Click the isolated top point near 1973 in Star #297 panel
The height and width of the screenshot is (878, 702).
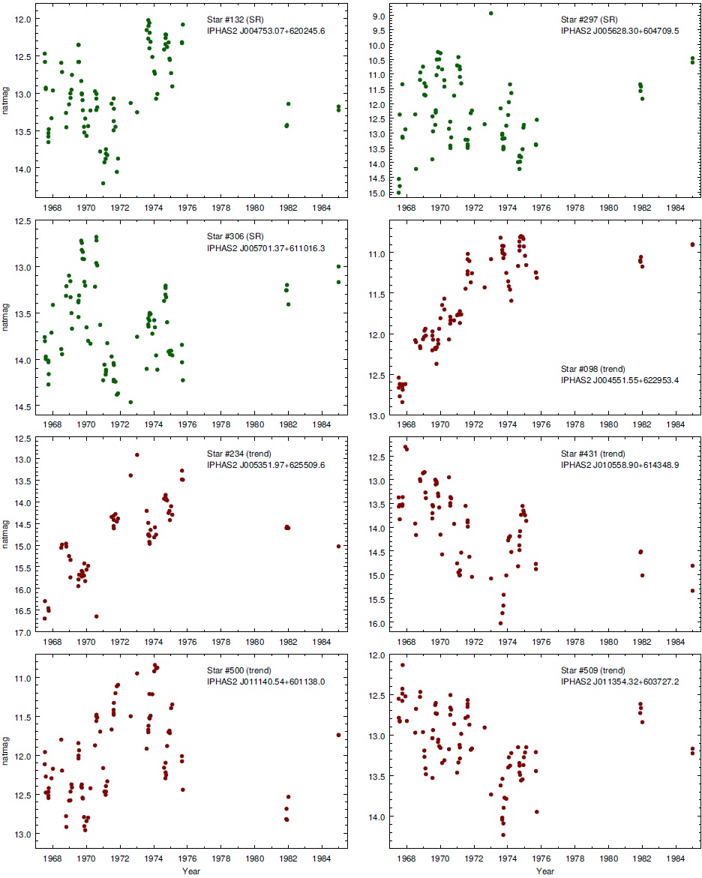point(491,13)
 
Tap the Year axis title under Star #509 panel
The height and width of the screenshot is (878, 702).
point(546,871)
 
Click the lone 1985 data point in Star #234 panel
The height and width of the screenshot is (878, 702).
point(339,547)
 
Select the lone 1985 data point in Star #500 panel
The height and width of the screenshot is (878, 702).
point(339,735)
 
